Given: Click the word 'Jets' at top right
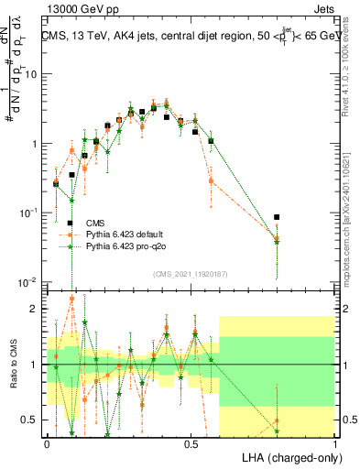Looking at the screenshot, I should pyautogui.click(x=324, y=12).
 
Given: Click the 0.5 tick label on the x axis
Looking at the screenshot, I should pyautogui.click(x=191, y=443).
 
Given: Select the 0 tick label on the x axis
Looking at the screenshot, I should pyautogui.click(x=47, y=443).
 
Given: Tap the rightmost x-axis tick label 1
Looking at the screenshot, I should pyautogui.click(x=334, y=443).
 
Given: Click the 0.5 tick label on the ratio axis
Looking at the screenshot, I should pyautogui.click(x=30, y=420).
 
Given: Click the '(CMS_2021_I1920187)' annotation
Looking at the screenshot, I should pyautogui.click(x=191, y=273).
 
